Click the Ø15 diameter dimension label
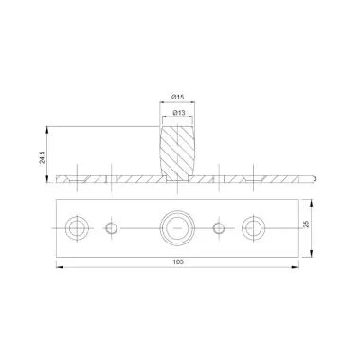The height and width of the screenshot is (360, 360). tap(178, 98)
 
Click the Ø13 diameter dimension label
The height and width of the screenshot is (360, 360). tap(179, 113)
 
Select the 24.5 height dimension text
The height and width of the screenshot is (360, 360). tap(43, 157)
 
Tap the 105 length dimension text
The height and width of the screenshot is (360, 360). tap(178, 261)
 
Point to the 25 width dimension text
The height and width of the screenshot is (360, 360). tap(306, 225)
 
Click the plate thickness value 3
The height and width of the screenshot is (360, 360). tap(315, 179)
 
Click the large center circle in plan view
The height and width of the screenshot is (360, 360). tap(177, 228)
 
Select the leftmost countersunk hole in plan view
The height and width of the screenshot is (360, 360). tap(77, 228)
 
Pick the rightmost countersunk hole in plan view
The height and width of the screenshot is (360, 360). tap(254, 228)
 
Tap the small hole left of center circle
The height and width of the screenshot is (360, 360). tap(111, 228)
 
